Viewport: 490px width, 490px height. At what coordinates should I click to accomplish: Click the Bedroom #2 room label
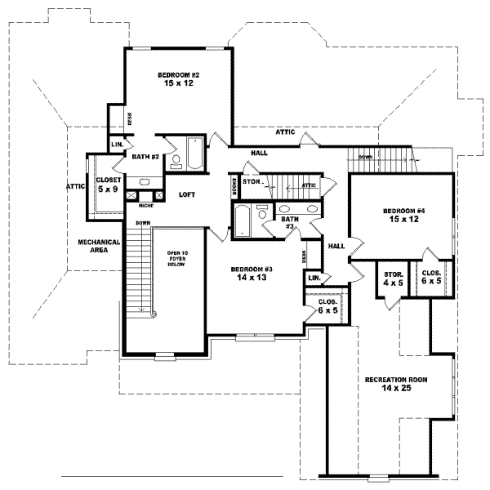[179, 75]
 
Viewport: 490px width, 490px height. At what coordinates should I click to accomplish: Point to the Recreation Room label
[398, 381]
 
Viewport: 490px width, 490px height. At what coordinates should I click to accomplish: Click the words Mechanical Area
[99, 247]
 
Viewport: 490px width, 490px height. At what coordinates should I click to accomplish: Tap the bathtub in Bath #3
[242, 219]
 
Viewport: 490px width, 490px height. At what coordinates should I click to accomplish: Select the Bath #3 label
[290, 222]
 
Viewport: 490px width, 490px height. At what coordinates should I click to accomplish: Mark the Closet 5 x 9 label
[108, 185]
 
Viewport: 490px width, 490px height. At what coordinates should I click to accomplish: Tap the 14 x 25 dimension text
[398, 390]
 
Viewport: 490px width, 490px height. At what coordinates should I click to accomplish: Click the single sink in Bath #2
[144, 182]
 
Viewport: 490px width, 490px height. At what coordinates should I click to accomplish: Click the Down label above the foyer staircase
[143, 223]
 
